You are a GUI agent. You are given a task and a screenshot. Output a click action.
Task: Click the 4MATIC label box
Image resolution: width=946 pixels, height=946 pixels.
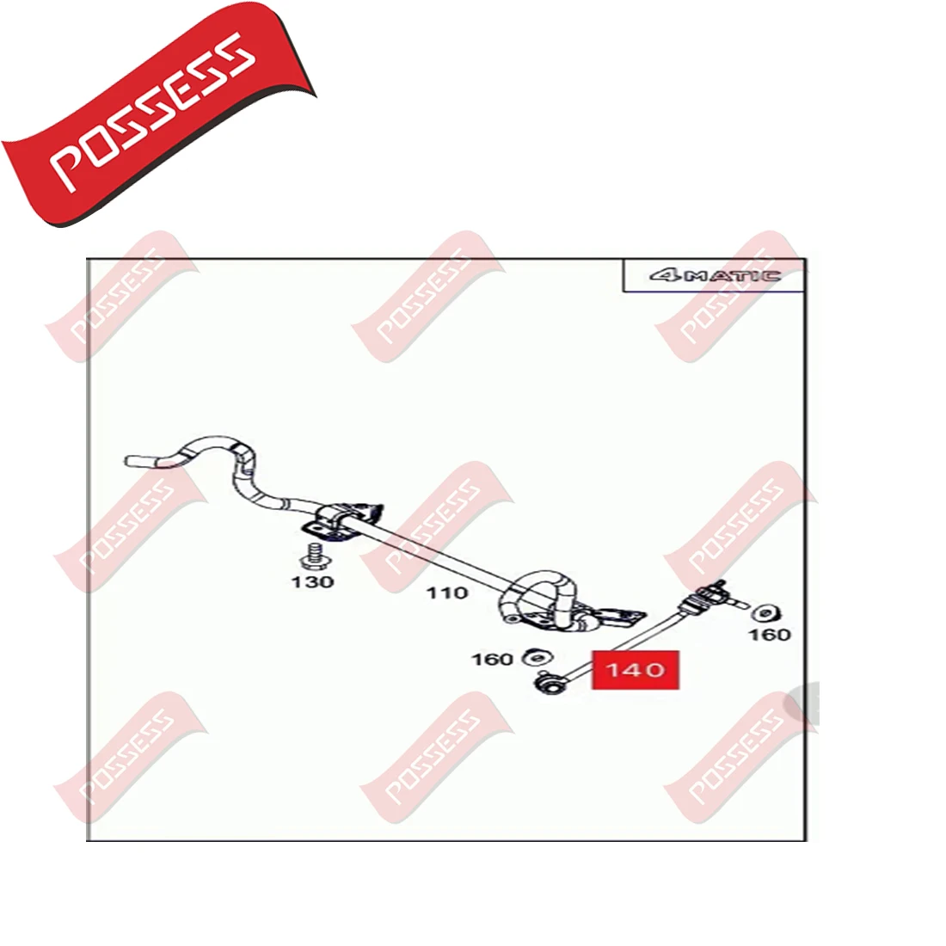point(714,276)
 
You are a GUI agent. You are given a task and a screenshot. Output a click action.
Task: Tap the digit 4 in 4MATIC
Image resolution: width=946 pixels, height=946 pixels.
point(664,276)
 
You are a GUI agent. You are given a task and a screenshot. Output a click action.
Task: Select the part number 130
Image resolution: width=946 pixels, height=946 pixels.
point(312,582)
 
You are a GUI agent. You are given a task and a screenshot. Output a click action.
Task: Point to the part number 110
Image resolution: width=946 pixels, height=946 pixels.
point(448,593)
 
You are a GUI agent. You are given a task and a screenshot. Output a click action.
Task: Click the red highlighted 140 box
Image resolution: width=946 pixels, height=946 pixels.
point(635,670)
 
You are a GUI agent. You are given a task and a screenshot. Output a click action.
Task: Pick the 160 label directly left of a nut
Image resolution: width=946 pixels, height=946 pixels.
point(492,660)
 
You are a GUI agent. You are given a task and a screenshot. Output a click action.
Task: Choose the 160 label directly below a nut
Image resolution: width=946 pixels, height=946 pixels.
point(769,635)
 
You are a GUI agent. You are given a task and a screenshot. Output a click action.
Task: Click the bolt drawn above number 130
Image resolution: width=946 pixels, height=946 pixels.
point(314,555)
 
